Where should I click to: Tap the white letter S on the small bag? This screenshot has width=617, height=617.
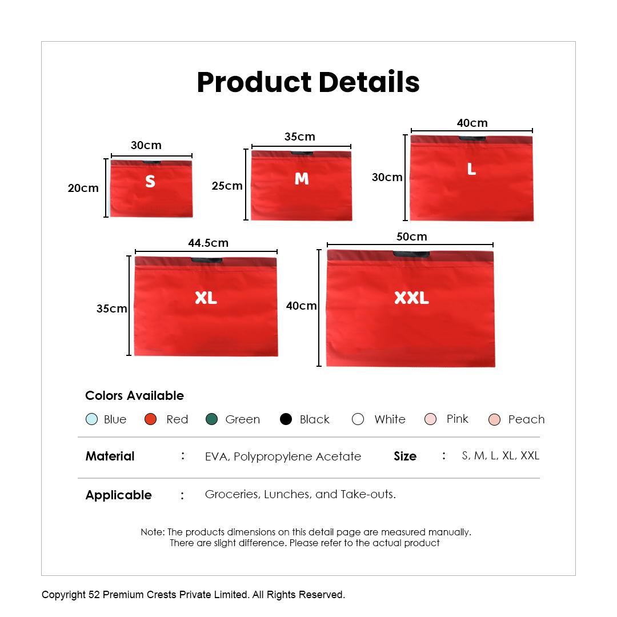150,181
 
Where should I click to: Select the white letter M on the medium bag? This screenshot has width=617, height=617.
302,179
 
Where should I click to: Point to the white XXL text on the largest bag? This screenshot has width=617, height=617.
411,298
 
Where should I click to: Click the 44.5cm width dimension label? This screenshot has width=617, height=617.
208,243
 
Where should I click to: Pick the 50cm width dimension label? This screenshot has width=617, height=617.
411,237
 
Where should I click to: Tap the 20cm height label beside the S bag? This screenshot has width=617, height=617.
83,188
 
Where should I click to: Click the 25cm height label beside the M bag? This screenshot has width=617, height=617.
227,186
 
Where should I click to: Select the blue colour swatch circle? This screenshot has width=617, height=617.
91,419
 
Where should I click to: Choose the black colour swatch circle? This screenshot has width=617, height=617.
286,419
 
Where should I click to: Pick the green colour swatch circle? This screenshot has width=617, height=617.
212,419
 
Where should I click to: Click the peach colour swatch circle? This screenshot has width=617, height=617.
494,419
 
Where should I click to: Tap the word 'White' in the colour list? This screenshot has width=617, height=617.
390,419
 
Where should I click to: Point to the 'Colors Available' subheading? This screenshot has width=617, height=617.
135,395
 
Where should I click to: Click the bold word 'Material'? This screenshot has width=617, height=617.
110,456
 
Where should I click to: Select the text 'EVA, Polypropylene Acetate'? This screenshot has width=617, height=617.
283,456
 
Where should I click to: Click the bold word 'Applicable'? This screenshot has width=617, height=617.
118,495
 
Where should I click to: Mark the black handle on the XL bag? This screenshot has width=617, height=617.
207,260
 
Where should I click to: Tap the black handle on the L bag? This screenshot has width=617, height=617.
472,138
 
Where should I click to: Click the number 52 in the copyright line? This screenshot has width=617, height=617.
94,595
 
